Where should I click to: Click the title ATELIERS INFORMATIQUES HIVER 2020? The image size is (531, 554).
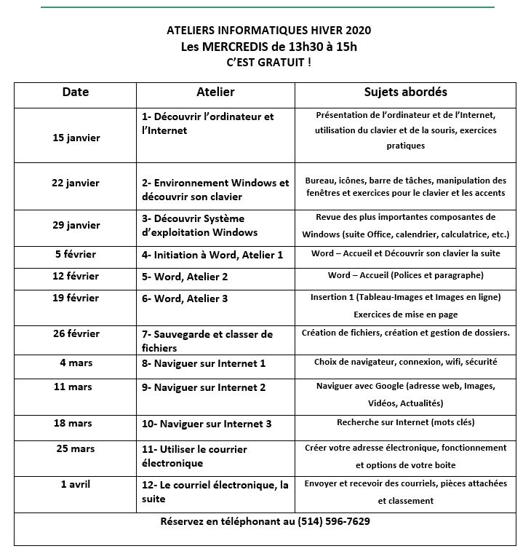coord(268,31)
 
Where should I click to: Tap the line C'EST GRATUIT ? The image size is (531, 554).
coord(268,63)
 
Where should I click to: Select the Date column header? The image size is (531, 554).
coord(76,92)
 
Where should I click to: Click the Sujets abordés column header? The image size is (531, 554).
coord(405,92)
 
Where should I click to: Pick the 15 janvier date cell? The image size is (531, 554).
coord(76,138)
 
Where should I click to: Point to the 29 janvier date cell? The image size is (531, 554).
coord(76,225)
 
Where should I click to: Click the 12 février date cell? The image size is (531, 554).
coord(76,276)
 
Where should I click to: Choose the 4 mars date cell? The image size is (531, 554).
coord(76,362)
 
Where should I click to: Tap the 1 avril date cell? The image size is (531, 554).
coord(76,484)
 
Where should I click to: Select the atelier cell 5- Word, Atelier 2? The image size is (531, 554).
coord(185,277)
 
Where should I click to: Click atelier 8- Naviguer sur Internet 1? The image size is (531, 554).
coord(204,363)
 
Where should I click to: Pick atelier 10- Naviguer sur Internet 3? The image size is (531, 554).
coord(207,423)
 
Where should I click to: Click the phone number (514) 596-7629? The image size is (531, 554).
coord(334,521)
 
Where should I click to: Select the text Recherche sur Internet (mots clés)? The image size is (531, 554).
coord(405,422)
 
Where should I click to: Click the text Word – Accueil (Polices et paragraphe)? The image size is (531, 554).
coord(405,276)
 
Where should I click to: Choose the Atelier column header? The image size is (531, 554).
coord(215,92)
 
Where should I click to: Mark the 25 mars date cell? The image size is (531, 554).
coord(76,448)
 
